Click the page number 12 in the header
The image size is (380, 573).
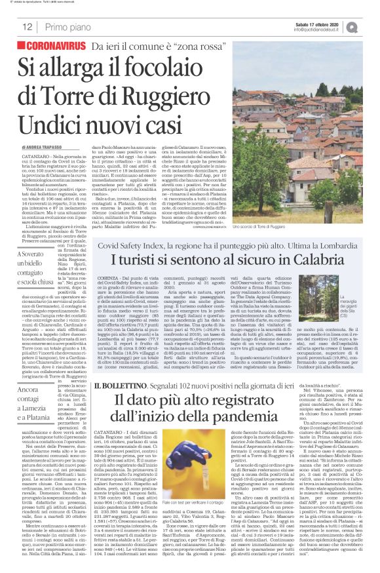click(27, 27)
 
